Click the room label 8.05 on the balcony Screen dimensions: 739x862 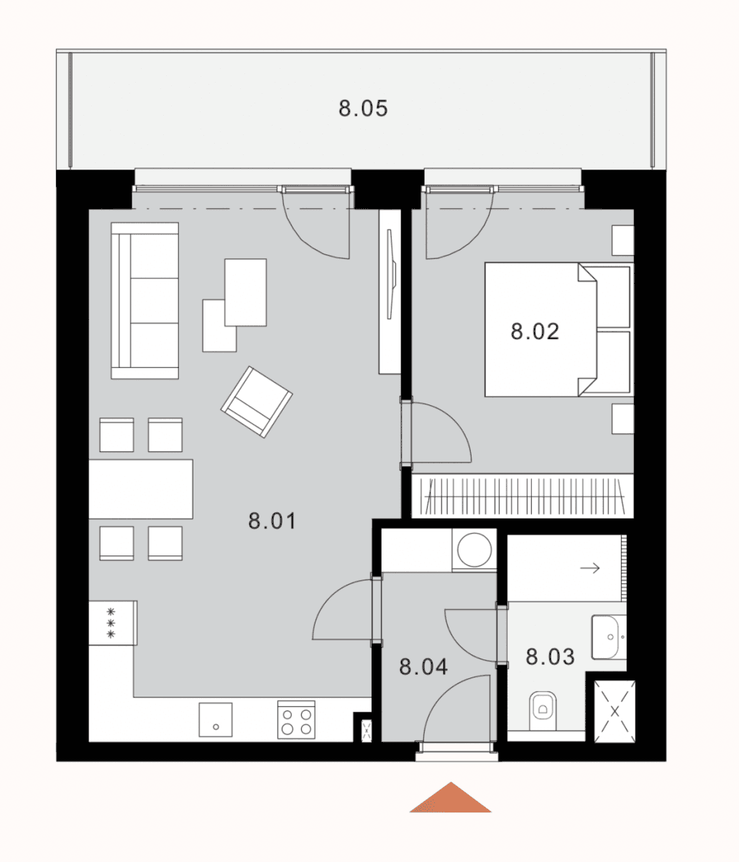pos(363,108)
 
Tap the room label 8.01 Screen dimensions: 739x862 pos(272,521)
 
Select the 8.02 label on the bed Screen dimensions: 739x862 pos(535,332)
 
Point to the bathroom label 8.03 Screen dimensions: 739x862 pos(550,656)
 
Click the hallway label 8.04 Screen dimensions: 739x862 pos(423,667)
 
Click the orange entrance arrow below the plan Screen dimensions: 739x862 pos(451,800)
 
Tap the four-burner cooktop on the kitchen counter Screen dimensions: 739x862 pos(296,720)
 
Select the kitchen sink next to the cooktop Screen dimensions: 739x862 pos(216,720)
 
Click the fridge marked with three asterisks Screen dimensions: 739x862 pos(111,623)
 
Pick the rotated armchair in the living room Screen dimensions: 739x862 pos(257,402)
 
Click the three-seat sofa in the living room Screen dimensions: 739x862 pos(145,300)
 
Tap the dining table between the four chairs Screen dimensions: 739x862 pos(141,489)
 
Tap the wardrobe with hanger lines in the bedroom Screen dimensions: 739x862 pos(523,497)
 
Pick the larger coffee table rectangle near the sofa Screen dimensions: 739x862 pos(245,292)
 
